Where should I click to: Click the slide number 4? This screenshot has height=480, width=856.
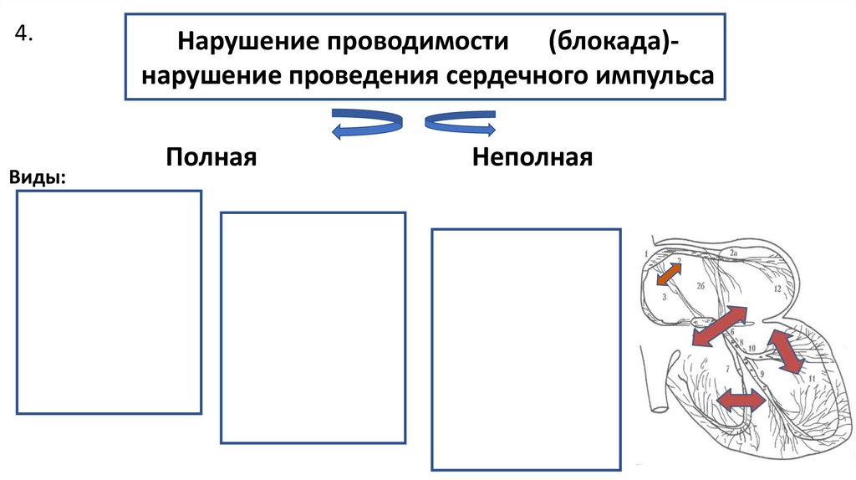(23, 34)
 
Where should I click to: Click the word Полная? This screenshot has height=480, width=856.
(210, 157)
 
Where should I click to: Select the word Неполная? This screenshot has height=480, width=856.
(532, 157)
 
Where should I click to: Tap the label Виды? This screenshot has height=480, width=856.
(38, 177)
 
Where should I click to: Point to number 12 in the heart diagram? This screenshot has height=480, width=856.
(777, 289)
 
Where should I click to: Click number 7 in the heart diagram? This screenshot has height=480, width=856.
(727, 368)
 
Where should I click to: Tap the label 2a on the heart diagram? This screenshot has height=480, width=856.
(733, 252)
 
